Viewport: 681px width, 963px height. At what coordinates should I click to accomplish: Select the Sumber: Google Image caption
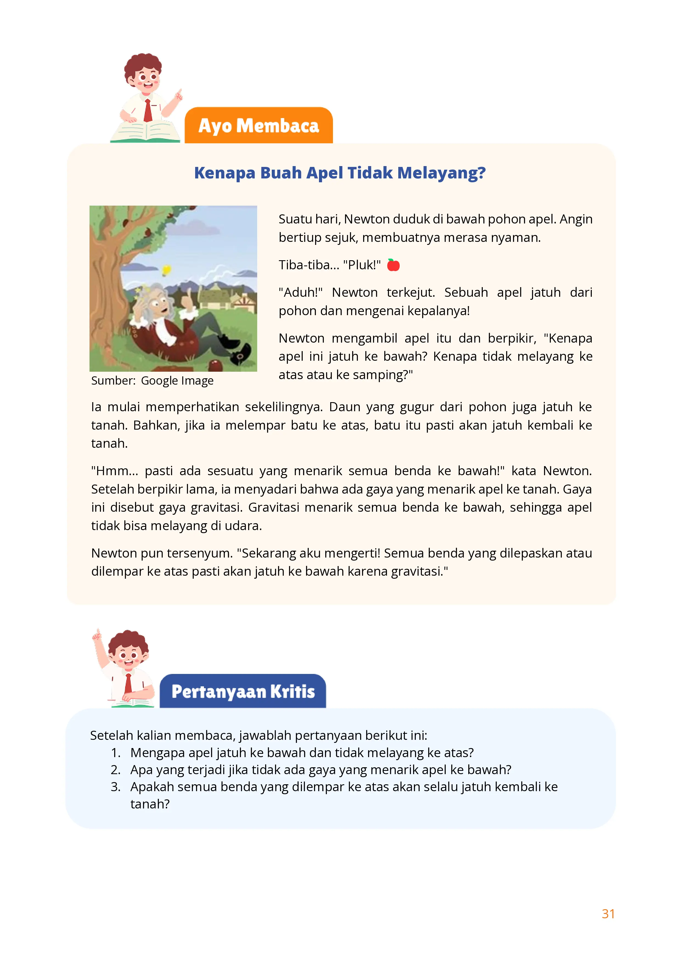pyautogui.click(x=152, y=380)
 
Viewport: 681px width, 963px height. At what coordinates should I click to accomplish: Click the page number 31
pyautogui.click(x=608, y=914)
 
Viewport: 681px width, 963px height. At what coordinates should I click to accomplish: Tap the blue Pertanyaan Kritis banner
pyautogui.click(x=243, y=692)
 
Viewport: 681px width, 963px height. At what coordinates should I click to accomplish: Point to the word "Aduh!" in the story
pyautogui.click(x=300, y=292)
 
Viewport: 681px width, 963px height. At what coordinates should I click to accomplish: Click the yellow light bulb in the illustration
pyautogui.click(x=167, y=269)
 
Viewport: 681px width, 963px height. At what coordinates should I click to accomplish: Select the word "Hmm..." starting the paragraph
pyautogui.click(x=114, y=471)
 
